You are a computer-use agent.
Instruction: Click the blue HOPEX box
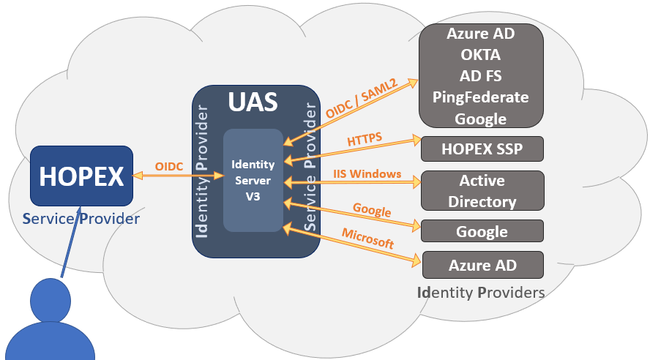coord(81,176)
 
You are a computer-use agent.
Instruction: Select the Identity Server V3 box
coord(253,180)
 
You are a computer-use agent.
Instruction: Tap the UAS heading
coord(253,102)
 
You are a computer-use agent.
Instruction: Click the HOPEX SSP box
coord(482,149)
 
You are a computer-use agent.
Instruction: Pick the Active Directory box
coord(482,191)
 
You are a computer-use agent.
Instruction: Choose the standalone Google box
coord(482,231)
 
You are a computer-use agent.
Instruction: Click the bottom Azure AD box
coord(482,265)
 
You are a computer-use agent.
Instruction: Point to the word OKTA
coord(481,55)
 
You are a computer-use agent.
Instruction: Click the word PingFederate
coord(481,97)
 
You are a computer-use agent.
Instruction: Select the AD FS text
coord(481,76)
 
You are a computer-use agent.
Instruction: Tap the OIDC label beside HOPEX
coord(170,166)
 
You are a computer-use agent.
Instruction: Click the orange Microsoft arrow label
coord(367,239)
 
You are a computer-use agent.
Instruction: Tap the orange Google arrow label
coord(372,210)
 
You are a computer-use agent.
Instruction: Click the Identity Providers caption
coord(481,293)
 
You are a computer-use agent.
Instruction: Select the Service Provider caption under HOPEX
coord(81,218)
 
